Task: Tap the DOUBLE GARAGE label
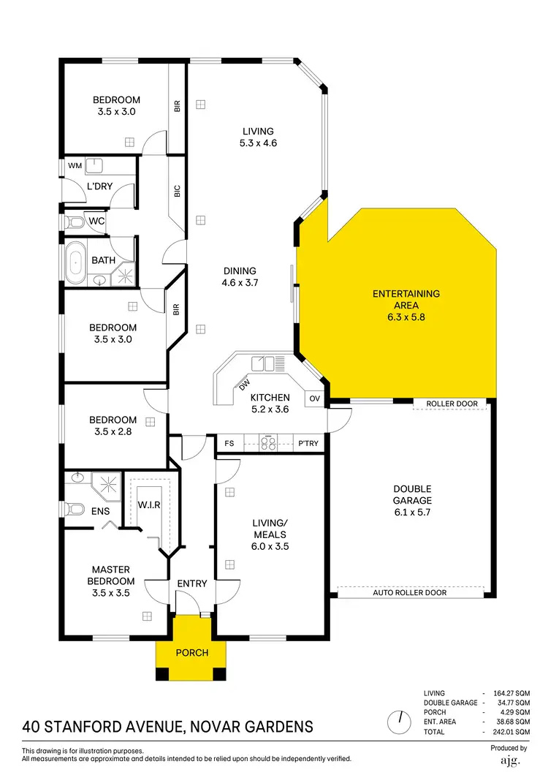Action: (x=412, y=495)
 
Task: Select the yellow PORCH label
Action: (x=192, y=653)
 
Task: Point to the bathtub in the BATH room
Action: (x=75, y=260)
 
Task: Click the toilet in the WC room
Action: (x=72, y=221)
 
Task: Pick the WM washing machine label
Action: (x=75, y=166)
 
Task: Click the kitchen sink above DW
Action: (x=268, y=363)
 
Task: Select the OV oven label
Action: (x=314, y=398)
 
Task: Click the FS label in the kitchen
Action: (x=229, y=442)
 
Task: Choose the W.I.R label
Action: (x=148, y=505)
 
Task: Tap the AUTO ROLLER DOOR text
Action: (x=409, y=593)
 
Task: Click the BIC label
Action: (x=177, y=191)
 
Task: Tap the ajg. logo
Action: (x=509, y=761)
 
